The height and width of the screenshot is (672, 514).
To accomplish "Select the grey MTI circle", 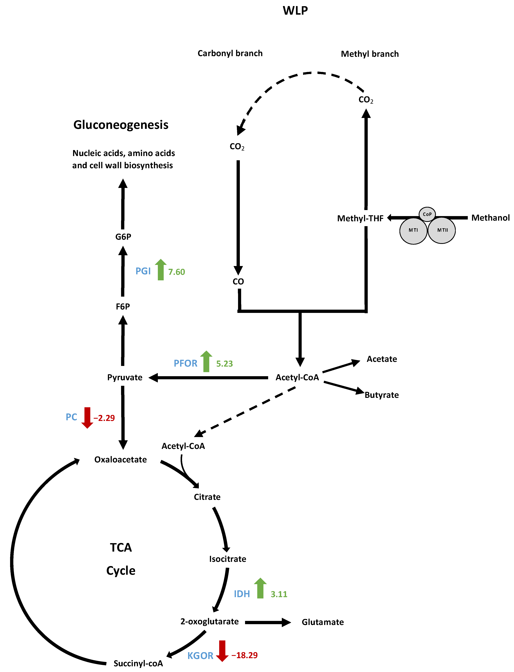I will click(x=413, y=230).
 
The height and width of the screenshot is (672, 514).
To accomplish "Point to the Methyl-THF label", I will click(x=360, y=218).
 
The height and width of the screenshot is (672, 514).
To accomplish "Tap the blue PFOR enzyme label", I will click(x=185, y=363).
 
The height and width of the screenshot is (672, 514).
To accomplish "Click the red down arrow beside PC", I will click(x=87, y=418).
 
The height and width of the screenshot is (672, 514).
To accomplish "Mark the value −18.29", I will click(x=244, y=655).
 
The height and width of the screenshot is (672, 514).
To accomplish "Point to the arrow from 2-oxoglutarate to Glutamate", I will click(x=268, y=622).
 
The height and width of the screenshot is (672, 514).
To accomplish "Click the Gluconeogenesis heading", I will click(x=121, y=125).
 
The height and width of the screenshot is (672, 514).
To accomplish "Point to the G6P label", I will click(x=123, y=237).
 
